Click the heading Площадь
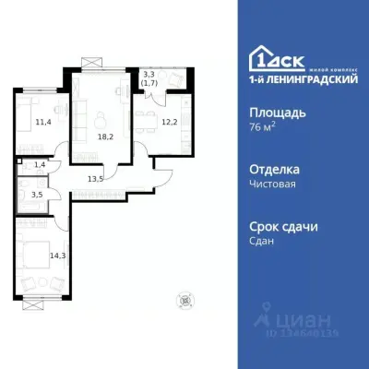pos(280,113)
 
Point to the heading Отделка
pos(275,168)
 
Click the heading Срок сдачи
pos(286,223)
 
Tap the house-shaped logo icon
pos(264,58)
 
